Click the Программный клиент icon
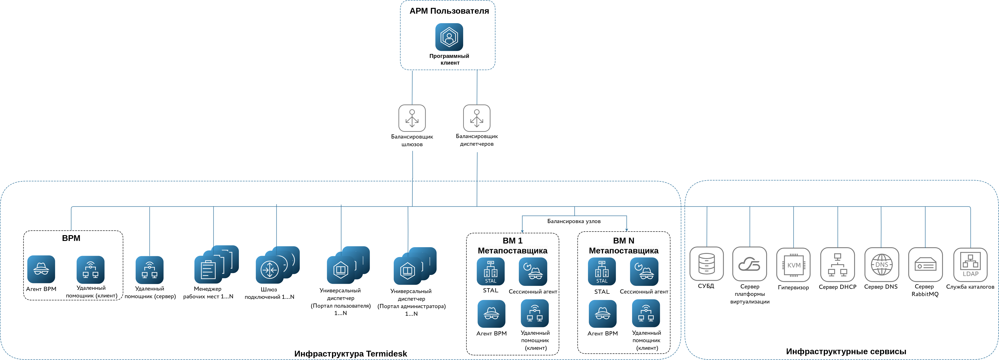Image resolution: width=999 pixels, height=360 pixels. [449, 37]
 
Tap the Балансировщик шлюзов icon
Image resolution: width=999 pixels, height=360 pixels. [412, 118]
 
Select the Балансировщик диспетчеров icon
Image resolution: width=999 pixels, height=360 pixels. [477, 118]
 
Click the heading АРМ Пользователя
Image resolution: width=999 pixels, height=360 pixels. [449, 11]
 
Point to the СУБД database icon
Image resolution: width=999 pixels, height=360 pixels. [706, 264]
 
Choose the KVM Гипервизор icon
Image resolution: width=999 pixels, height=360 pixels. [793, 265]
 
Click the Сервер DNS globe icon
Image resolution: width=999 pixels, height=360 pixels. [881, 265]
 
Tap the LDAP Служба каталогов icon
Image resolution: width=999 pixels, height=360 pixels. [970, 265]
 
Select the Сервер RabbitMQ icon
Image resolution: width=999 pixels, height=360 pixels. [925, 265]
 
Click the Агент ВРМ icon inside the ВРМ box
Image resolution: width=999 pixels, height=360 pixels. [41, 269]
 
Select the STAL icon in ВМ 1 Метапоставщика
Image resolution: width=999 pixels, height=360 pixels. [490, 271]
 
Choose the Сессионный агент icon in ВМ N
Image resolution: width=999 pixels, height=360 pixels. [644, 271]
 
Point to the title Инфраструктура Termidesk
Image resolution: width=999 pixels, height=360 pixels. [351, 354]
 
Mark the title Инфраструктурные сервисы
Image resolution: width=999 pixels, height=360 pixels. [846, 351]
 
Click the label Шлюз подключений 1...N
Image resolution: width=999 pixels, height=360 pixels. [269, 293]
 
